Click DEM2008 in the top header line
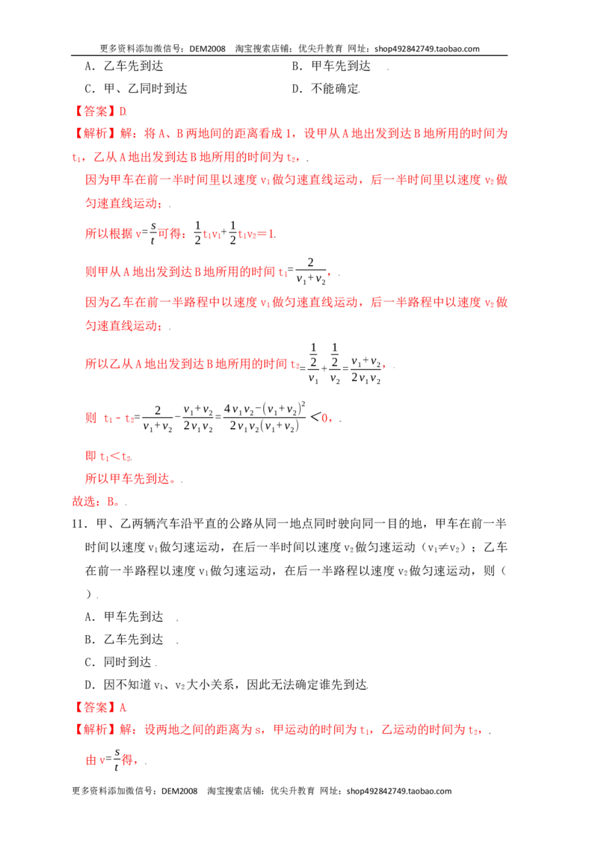pos(207,49)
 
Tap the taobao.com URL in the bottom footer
pos(399,791)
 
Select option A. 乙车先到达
pos(123,67)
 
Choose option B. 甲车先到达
pos(331,67)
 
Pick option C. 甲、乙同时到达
pos(136,88)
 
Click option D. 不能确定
pos(325,88)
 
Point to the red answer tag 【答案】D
pos(99,111)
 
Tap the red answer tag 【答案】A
pos(99,707)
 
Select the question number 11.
pos(78,524)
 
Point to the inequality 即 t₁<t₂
pos(108,456)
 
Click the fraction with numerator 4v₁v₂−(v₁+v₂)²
pos(265,417)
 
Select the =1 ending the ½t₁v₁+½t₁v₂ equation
pos(268,234)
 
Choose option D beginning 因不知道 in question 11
pos(226,685)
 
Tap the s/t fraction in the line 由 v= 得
pos(117,759)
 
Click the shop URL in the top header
pos(427,49)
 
